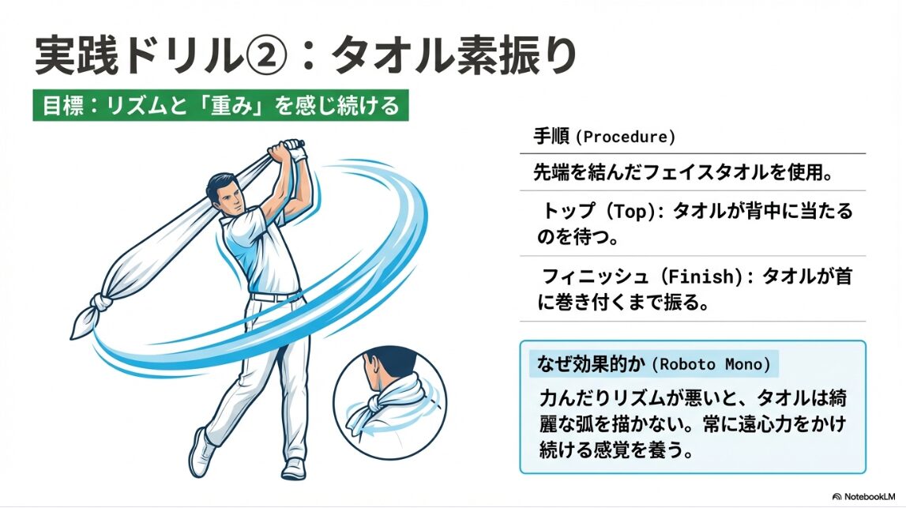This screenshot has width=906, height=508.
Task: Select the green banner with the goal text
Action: pos(220,105)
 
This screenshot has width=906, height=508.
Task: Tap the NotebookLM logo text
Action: pos(864,496)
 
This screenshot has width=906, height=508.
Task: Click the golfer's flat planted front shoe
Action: pos(294,468)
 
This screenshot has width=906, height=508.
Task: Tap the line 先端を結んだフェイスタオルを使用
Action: pos(682,172)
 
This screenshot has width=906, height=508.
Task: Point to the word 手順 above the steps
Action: pos(551,137)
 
